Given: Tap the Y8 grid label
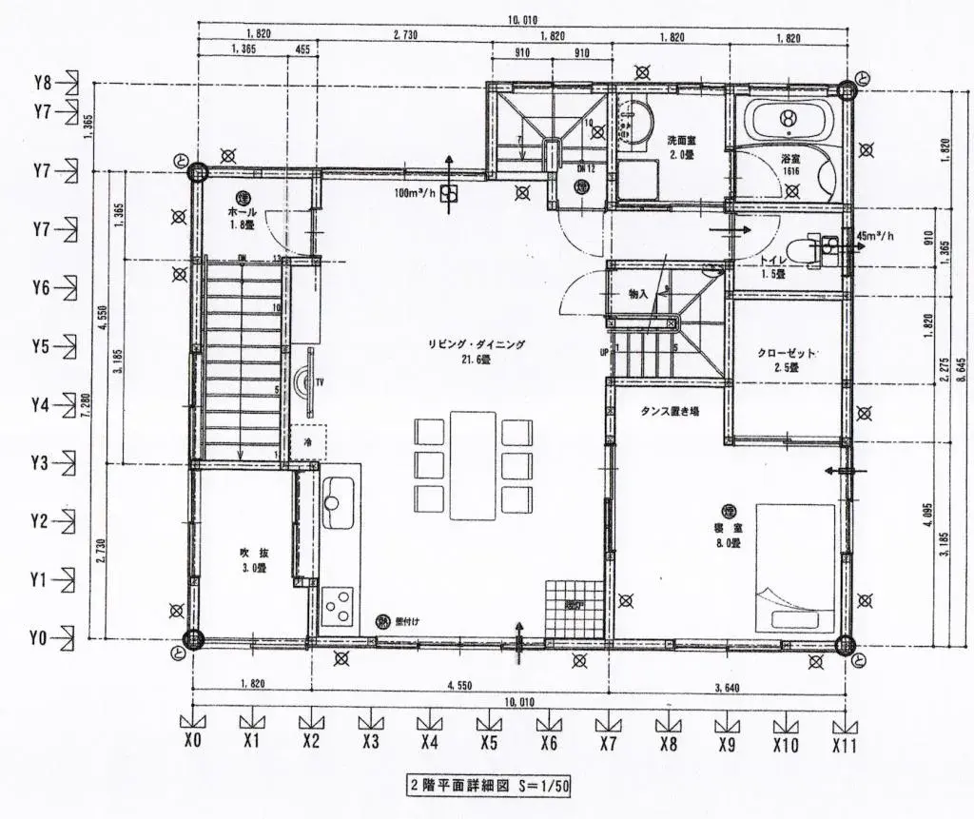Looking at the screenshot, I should (42, 83).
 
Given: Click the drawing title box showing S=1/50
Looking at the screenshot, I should (488, 786).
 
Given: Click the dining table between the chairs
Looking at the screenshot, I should (473, 464).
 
